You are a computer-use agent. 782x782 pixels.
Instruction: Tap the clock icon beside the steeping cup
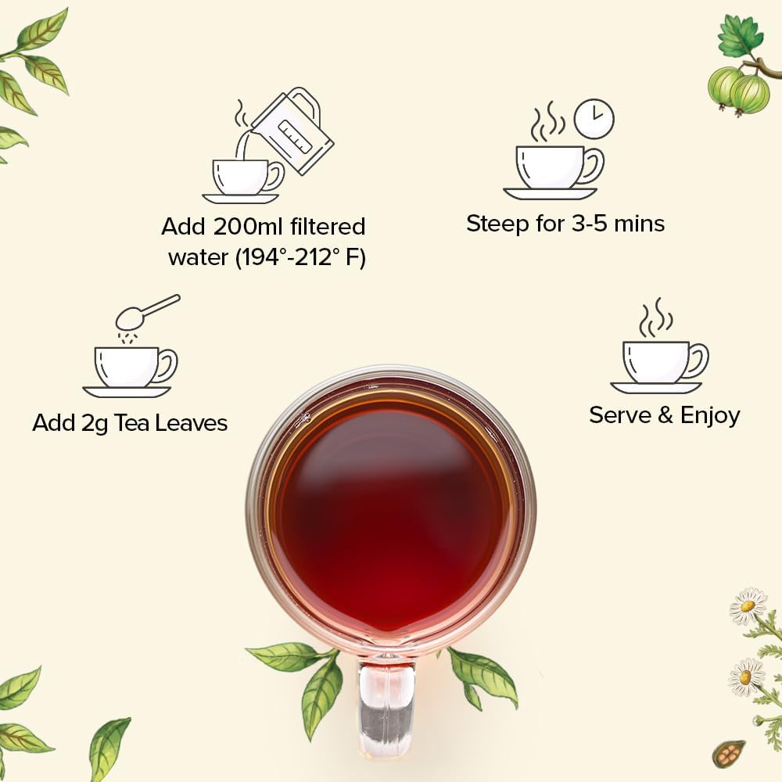click(594, 119)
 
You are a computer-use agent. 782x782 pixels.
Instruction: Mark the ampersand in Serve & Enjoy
click(665, 415)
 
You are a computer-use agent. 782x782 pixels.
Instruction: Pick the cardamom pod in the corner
click(730, 755)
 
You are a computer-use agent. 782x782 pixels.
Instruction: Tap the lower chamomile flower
click(746, 676)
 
